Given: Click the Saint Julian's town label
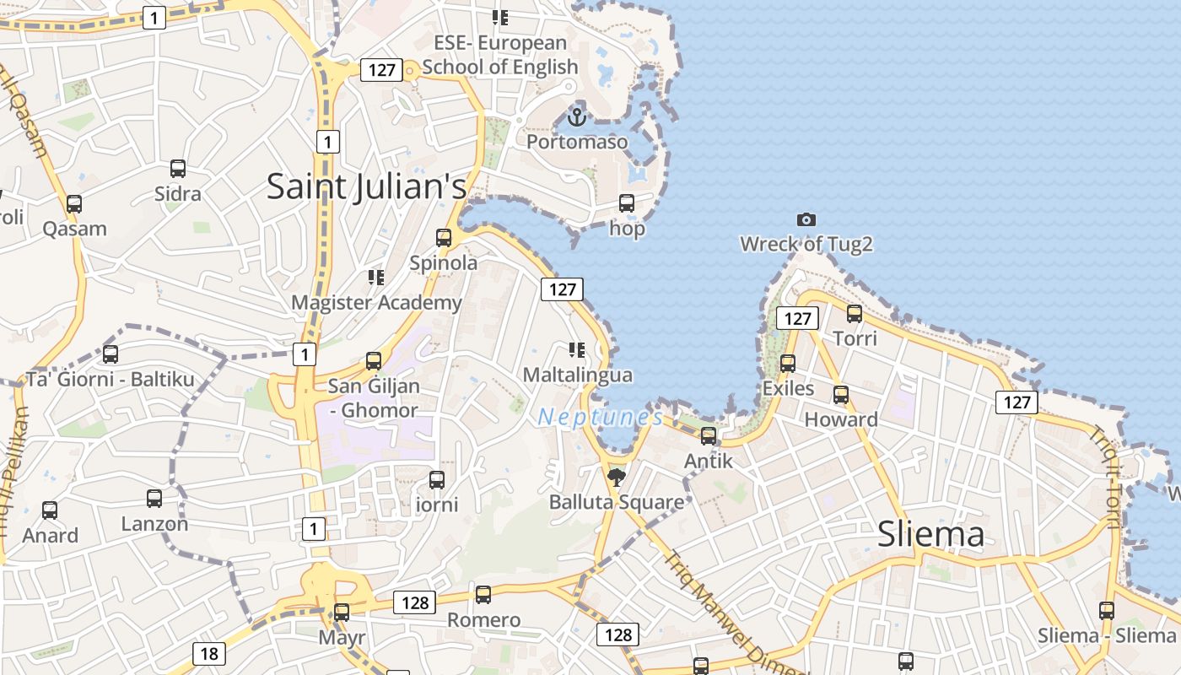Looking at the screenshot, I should [x=366, y=186].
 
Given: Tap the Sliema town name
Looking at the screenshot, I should [x=930, y=534].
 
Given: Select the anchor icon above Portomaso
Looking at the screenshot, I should [x=577, y=116].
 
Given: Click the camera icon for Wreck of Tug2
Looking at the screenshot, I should [x=806, y=220].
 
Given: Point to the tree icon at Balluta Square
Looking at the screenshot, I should [x=617, y=478].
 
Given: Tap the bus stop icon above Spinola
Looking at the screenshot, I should [x=444, y=238].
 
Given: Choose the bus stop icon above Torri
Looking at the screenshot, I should [x=855, y=314].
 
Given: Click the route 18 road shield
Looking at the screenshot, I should [x=208, y=653].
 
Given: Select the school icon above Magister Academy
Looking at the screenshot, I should [x=376, y=278].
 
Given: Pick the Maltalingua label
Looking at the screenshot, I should [x=578, y=375].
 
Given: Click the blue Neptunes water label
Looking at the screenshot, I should [x=601, y=418].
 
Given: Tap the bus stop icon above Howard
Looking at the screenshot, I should [x=841, y=395].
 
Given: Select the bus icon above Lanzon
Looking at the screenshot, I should [x=154, y=499].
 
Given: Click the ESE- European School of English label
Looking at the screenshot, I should [x=500, y=55].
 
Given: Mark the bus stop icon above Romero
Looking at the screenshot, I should [x=483, y=595].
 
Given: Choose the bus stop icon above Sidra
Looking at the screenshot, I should [x=178, y=169].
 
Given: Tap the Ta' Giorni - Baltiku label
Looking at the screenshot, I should [x=111, y=380].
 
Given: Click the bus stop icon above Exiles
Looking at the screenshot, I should [x=788, y=364].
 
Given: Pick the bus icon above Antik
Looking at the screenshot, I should [x=709, y=436].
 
